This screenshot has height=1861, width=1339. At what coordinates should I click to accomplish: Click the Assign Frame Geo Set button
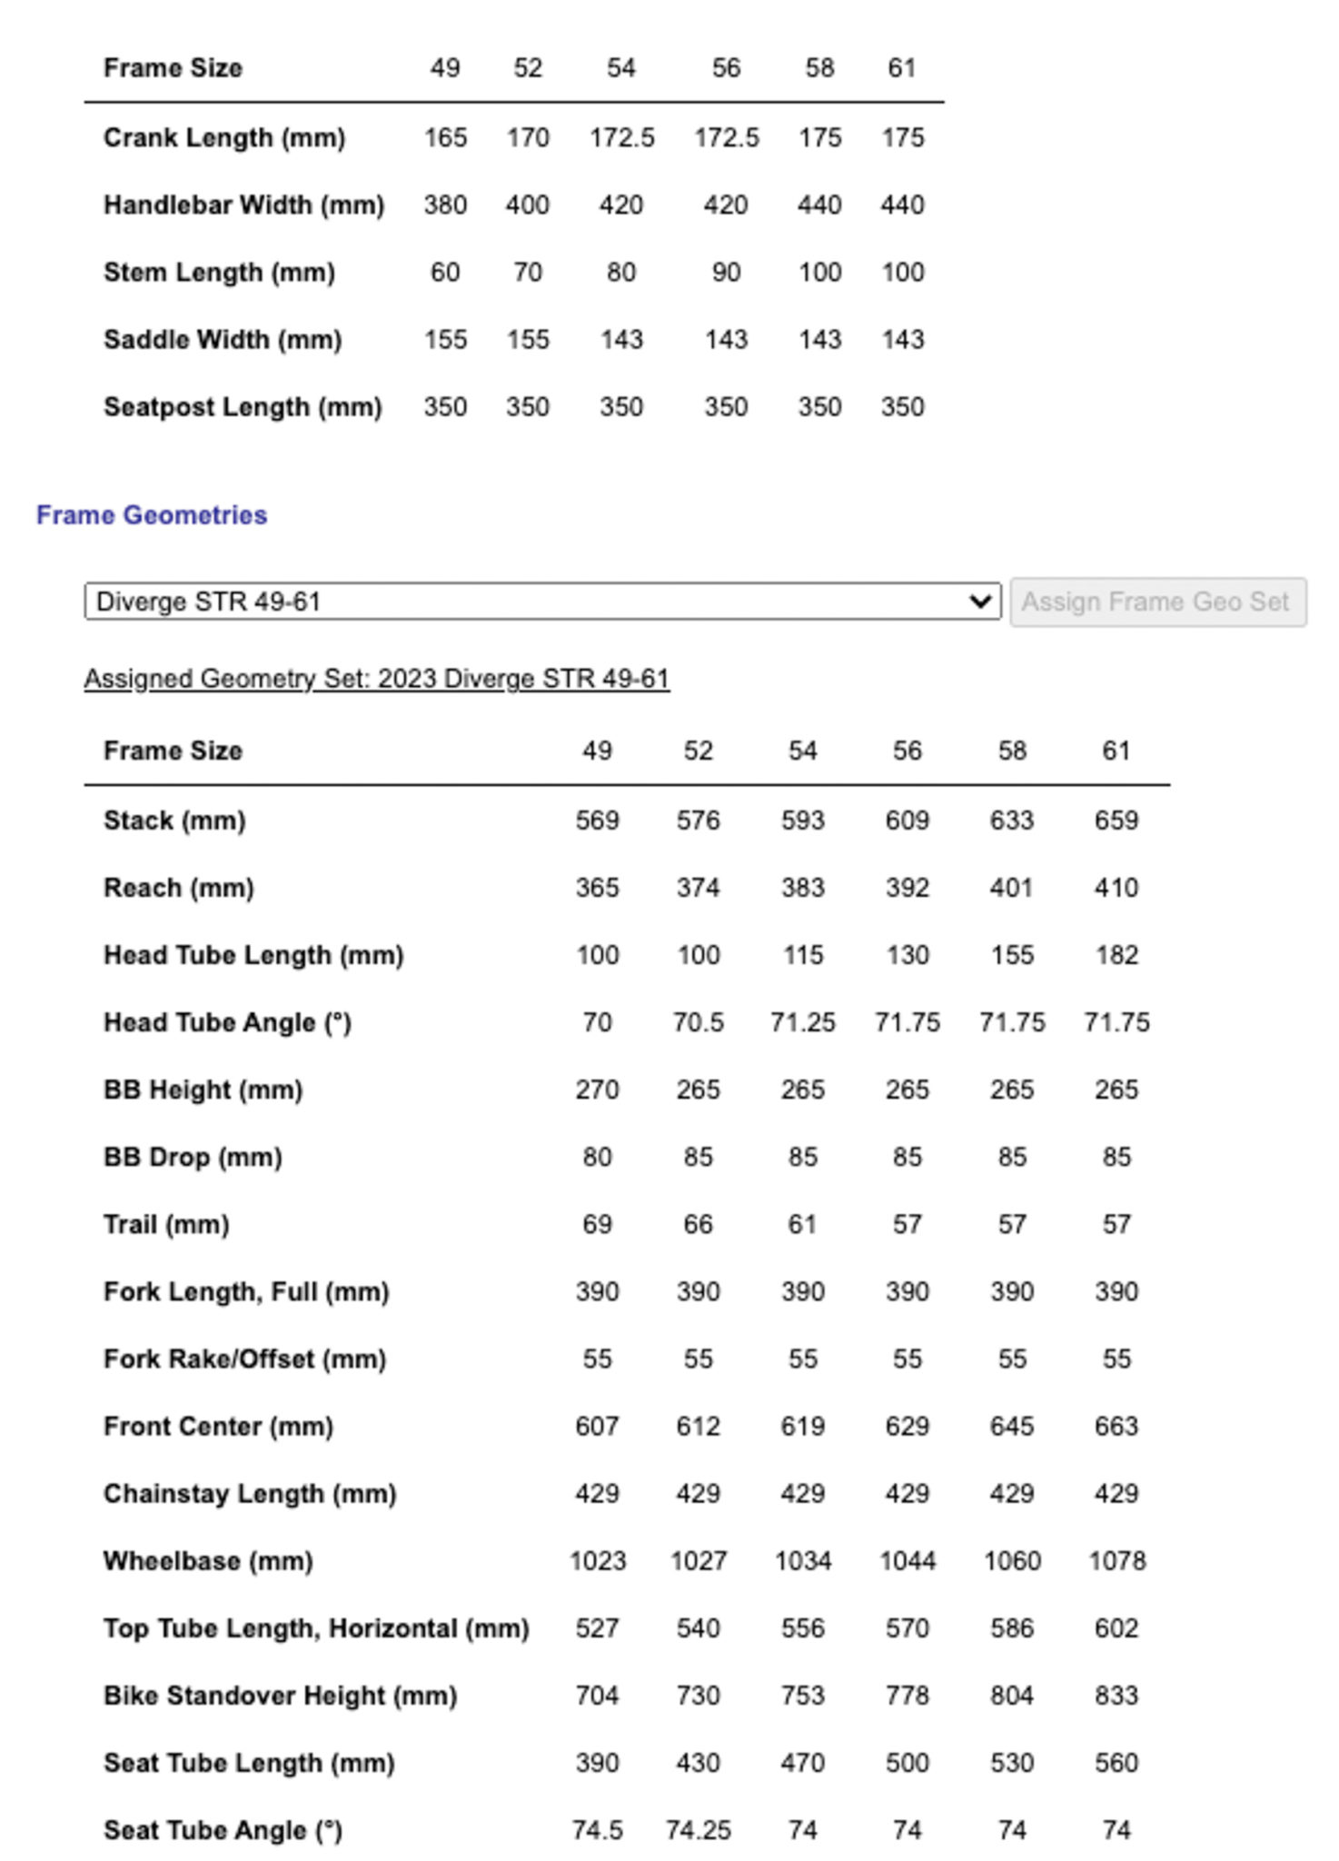(1156, 602)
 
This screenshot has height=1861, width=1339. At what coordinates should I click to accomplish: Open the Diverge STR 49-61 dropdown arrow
(979, 602)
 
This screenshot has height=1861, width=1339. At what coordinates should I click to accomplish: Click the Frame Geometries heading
(152, 515)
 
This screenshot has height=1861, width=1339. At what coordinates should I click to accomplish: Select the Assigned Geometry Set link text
(377, 679)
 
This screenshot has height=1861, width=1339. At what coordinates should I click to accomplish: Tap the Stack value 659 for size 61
(1116, 821)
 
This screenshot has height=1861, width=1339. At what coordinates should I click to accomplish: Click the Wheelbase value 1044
(907, 1561)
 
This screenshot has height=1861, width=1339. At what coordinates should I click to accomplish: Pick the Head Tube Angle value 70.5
(698, 1022)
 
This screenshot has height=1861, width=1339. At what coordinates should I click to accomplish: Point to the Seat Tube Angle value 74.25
(698, 1830)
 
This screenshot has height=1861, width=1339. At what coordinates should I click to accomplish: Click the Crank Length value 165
(445, 138)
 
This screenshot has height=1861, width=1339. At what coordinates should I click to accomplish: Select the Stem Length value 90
(726, 273)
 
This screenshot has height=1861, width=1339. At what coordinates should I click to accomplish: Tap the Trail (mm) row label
(166, 1225)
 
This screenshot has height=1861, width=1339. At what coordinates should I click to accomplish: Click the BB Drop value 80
(597, 1157)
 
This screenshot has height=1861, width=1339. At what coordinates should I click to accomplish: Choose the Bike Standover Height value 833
(1116, 1696)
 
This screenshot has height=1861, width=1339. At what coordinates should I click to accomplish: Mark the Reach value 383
(802, 888)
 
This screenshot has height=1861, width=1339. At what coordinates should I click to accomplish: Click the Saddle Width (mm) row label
(223, 340)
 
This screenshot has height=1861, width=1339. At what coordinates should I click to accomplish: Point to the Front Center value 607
(597, 1427)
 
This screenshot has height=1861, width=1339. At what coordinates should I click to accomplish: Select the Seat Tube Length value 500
(907, 1763)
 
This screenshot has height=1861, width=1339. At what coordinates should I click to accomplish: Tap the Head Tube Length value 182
(1116, 955)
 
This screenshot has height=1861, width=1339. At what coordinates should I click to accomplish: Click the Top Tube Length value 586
(1011, 1628)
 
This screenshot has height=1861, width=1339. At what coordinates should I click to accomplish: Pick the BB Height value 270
(597, 1090)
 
